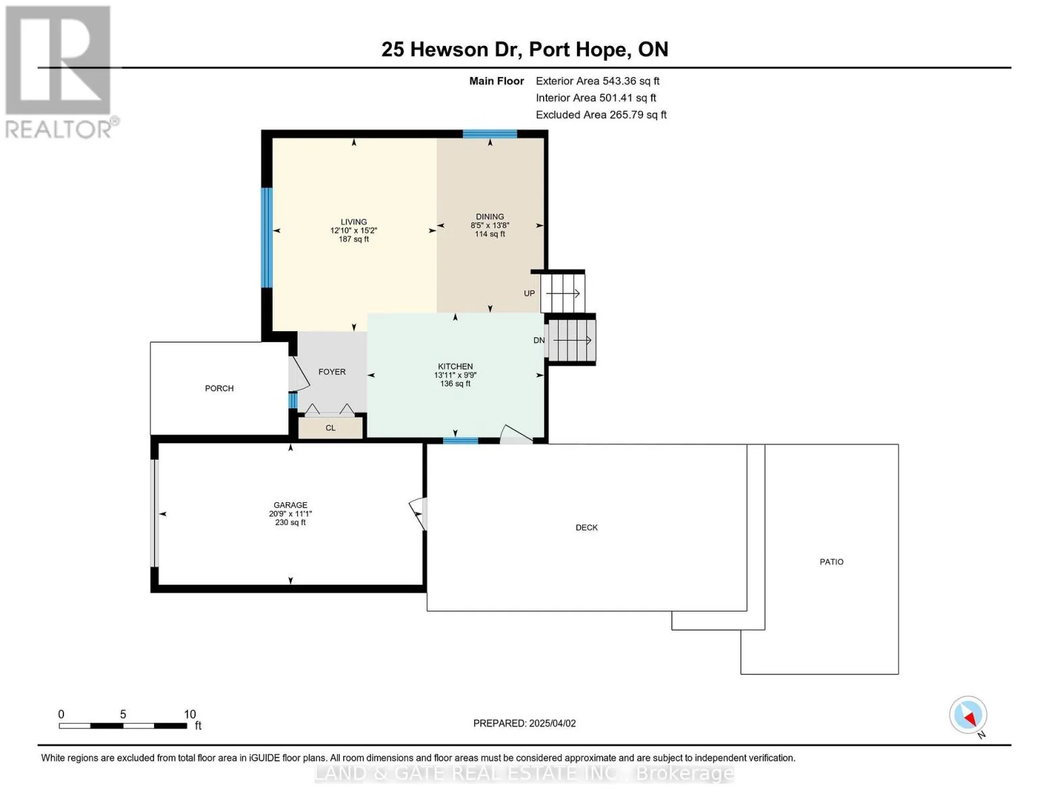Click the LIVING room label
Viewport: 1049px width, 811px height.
tap(353, 222)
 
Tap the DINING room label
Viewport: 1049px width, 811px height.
tap(490, 217)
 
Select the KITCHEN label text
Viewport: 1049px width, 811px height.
tap(455, 366)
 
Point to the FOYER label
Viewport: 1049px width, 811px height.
tap(332, 372)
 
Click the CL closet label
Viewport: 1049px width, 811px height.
tap(330, 428)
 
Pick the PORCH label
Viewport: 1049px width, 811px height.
tap(219, 389)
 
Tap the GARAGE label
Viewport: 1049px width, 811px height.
tap(290, 506)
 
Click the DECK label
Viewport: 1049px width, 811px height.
tap(586, 527)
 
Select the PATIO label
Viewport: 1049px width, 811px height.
tap(831, 562)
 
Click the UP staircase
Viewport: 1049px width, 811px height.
tap(563, 293)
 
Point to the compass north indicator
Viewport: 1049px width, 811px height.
tap(969, 715)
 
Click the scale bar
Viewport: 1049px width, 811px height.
tap(123, 725)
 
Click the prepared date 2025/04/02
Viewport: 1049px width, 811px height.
tap(553, 723)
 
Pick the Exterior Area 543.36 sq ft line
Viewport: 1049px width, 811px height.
tap(597, 81)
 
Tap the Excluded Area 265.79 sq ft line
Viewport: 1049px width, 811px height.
tap(601, 115)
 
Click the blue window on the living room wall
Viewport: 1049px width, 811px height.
tap(267, 238)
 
